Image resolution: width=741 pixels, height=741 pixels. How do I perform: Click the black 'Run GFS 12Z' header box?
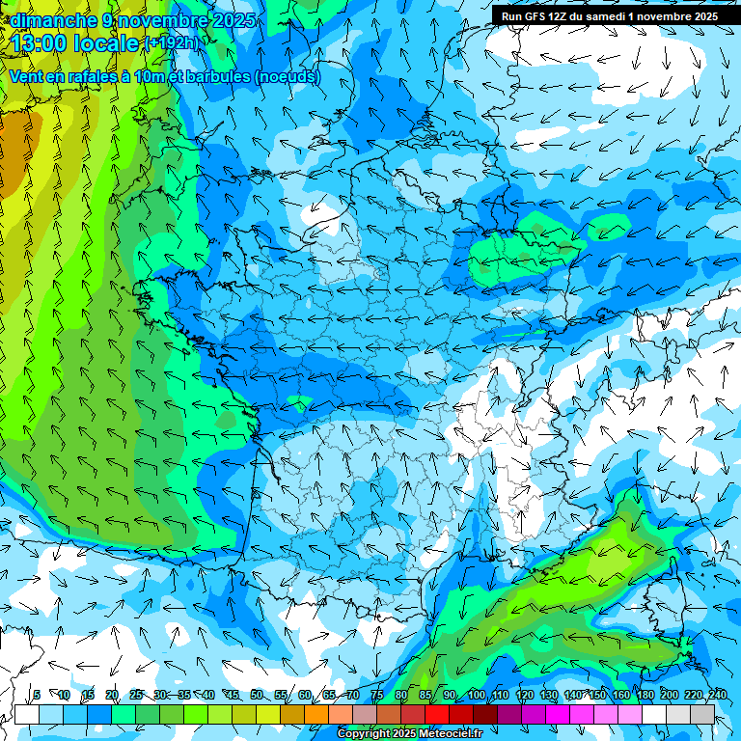click(x=610, y=16)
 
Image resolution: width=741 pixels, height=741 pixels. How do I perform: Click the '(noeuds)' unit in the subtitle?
click(x=287, y=77)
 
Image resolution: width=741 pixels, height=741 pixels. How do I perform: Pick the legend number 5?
click(x=37, y=696)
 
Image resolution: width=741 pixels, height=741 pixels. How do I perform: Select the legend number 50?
click(x=257, y=696)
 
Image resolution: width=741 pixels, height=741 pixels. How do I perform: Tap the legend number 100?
click(x=477, y=696)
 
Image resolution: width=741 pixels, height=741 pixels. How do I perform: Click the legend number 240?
click(x=717, y=696)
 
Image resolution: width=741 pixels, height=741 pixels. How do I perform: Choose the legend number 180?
click(x=645, y=696)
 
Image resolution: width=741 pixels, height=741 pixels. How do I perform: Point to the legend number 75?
click(x=377, y=696)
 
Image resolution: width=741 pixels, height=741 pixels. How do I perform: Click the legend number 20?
click(x=112, y=696)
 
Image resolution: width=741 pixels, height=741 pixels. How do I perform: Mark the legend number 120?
click(x=524, y=696)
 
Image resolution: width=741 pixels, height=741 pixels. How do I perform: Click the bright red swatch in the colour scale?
click(x=437, y=714)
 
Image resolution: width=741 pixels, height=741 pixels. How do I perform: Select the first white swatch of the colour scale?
click(x=27, y=714)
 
